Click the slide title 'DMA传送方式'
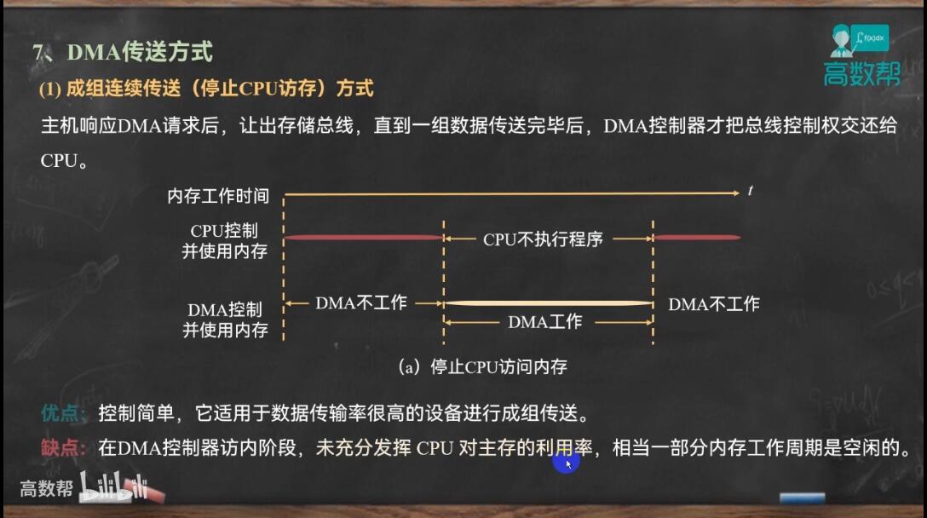click(x=140, y=52)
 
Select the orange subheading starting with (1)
click(x=206, y=89)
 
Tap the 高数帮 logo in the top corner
click(x=861, y=55)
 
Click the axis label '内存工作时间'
click(x=218, y=196)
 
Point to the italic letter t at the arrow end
click(x=751, y=190)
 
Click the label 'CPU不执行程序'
click(x=543, y=239)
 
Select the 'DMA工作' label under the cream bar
click(x=545, y=322)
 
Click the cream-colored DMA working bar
click(x=548, y=303)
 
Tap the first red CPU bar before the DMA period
click(x=364, y=238)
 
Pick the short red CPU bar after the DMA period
click(x=697, y=238)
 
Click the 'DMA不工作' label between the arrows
click(x=361, y=303)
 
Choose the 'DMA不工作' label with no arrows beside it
click(x=714, y=304)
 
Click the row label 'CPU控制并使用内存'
click(x=225, y=240)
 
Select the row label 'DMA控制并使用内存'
click(x=225, y=319)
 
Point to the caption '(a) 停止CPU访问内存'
click(x=483, y=366)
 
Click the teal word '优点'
click(x=61, y=412)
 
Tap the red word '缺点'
click(x=61, y=447)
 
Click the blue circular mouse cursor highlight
click(x=567, y=462)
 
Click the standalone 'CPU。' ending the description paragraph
click(x=64, y=161)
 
